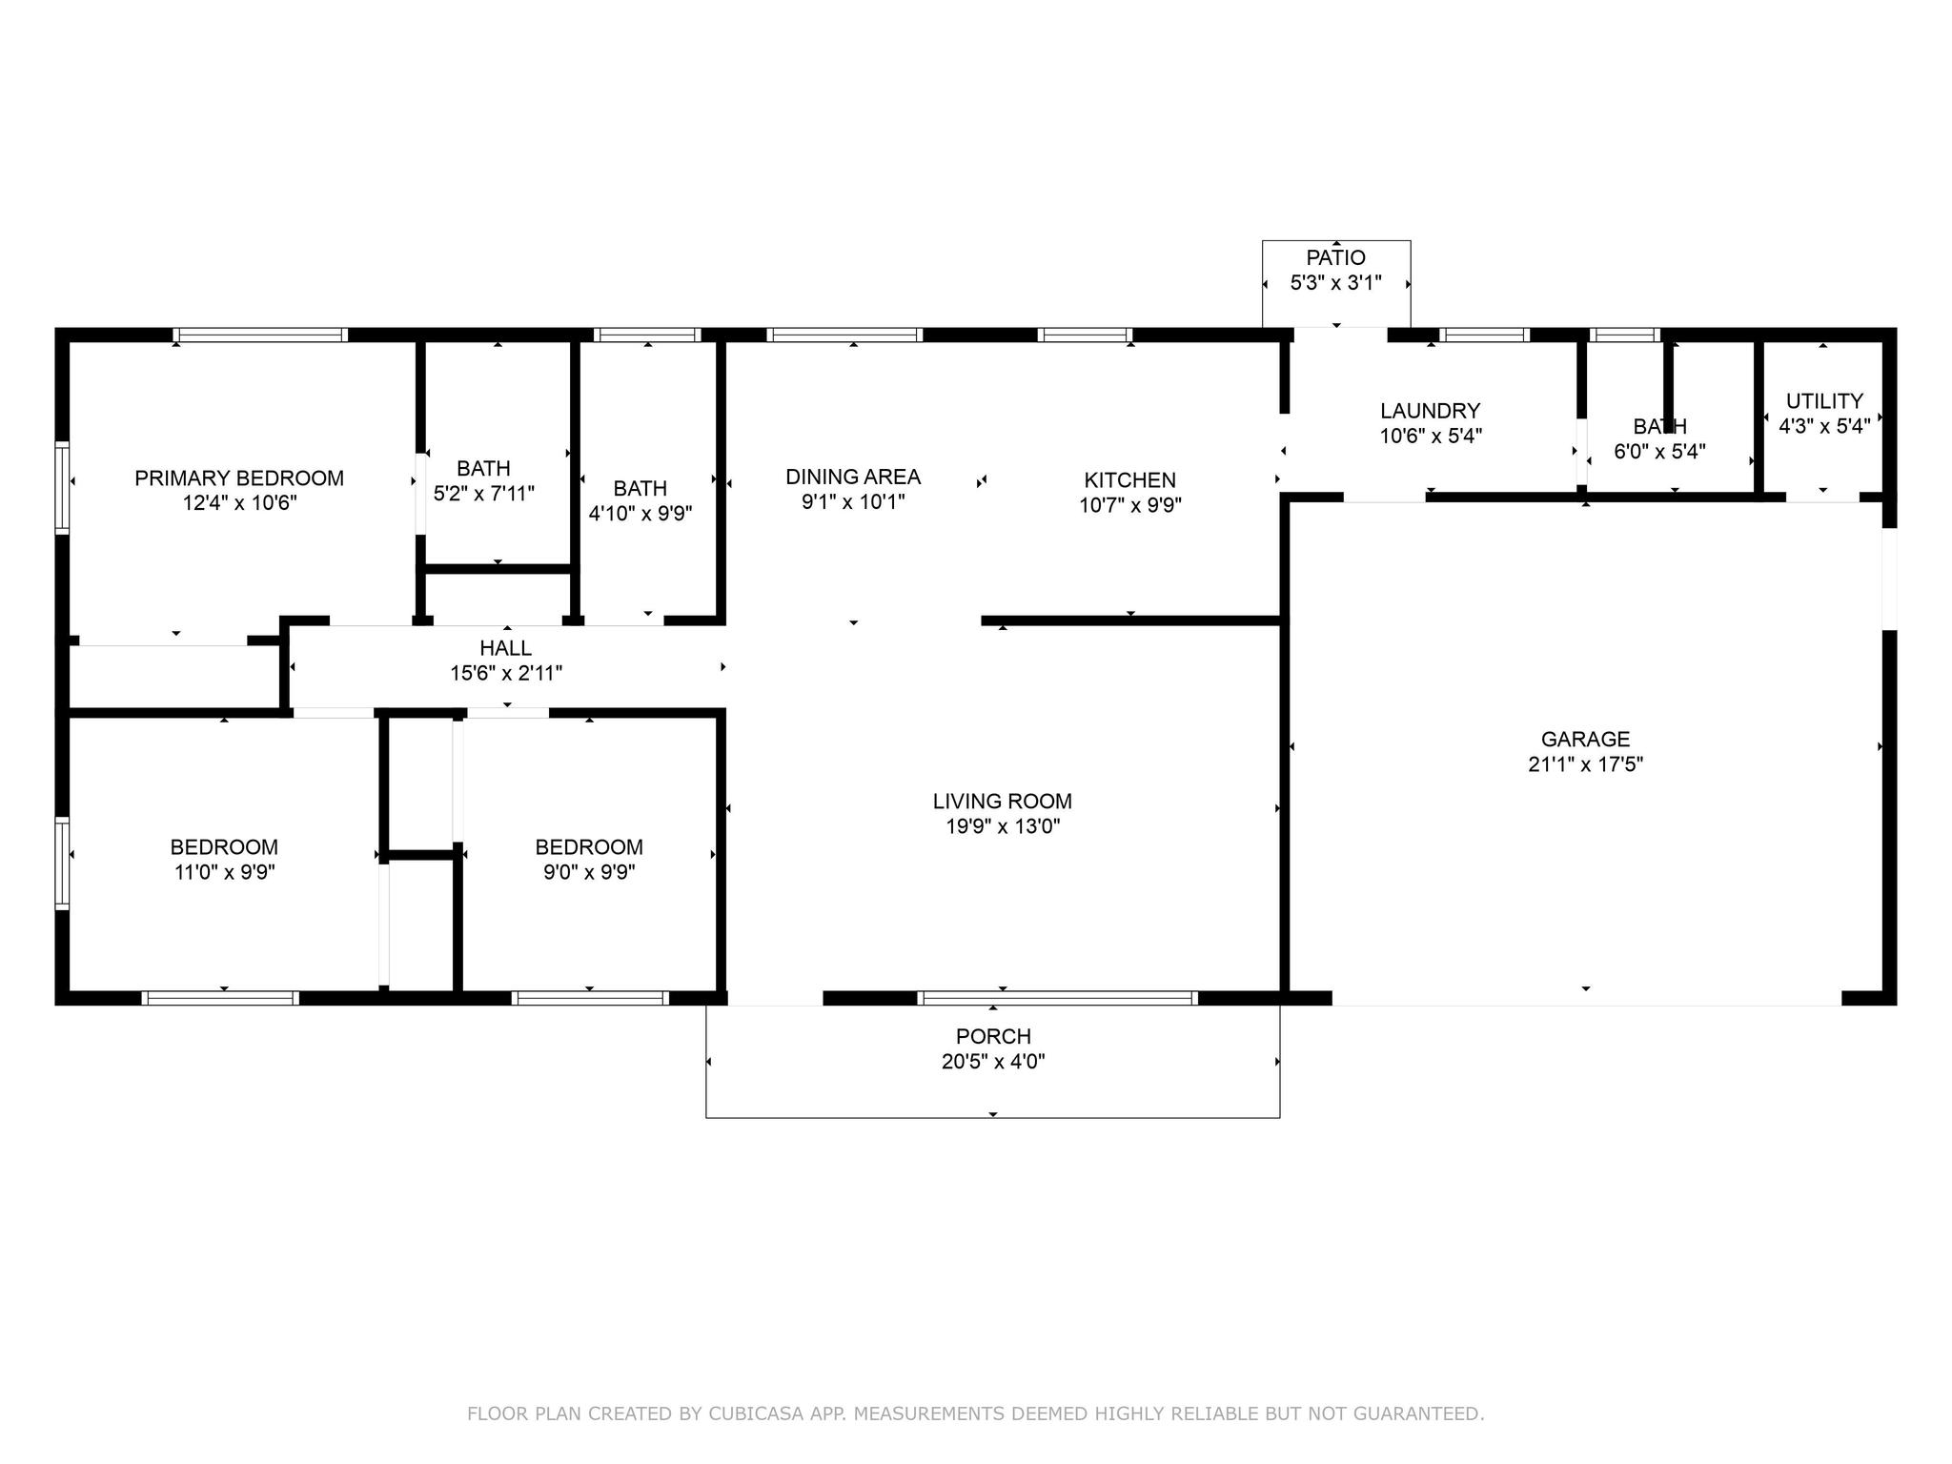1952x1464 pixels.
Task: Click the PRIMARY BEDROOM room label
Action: pyautogui.click(x=239, y=478)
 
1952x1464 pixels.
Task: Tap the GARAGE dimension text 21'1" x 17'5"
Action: pyautogui.click(x=1586, y=764)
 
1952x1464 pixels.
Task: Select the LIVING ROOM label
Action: pyautogui.click(x=1003, y=802)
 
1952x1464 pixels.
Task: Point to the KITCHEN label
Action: pyautogui.click(x=1130, y=480)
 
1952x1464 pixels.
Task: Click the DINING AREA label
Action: pyautogui.click(x=853, y=477)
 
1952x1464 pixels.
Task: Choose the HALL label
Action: pyautogui.click(x=506, y=648)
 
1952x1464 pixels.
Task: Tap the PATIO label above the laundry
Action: pyautogui.click(x=1336, y=257)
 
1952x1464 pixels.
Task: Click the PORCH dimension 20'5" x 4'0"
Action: pyautogui.click(x=993, y=1062)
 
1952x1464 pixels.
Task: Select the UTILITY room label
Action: pyautogui.click(x=1824, y=401)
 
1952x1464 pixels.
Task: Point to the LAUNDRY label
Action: pyautogui.click(x=1431, y=411)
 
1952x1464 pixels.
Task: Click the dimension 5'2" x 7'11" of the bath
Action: pyautogui.click(x=484, y=494)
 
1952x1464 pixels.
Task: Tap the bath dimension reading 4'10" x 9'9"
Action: pyautogui.click(x=640, y=514)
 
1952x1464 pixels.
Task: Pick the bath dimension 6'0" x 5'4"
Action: pyautogui.click(x=1660, y=452)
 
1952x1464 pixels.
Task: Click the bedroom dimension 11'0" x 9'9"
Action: pyautogui.click(x=225, y=872)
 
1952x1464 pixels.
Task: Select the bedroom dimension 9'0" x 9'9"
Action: pyautogui.click(x=589, y=872)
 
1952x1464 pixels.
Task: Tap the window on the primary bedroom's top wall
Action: pyautogui.click(x=261, y=335)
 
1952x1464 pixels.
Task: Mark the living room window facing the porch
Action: pyautogui.click(x=1057, y=998)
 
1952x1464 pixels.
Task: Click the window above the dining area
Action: pyautogui.click(x=844, y=335)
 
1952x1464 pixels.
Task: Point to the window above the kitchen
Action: pyautogui.click(x=1085, y=335)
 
